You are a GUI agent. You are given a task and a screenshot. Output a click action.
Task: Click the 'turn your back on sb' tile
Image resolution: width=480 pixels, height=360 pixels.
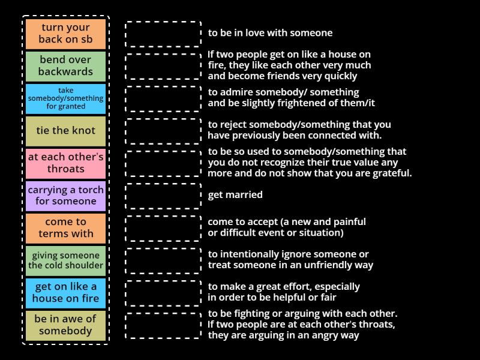66,34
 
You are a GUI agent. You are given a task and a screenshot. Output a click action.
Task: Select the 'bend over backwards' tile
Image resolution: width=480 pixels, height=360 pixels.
66,66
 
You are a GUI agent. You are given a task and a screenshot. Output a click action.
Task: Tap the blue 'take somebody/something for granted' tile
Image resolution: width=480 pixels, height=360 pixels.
66,98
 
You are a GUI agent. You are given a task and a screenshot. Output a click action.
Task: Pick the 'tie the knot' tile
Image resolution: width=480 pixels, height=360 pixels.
66,131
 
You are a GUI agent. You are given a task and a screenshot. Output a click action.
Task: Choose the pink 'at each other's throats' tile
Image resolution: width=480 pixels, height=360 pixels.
66,163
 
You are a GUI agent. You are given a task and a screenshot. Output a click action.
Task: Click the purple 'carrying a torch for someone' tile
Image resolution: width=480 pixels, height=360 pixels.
66,196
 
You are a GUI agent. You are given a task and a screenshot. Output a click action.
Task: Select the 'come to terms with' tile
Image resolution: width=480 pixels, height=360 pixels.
66,228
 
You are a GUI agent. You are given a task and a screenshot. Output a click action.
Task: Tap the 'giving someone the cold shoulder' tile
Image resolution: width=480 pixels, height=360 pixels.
66,260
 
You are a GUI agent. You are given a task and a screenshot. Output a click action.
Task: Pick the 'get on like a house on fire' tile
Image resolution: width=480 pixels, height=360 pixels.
66,293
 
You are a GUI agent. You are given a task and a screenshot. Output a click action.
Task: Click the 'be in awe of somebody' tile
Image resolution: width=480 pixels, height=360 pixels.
66,325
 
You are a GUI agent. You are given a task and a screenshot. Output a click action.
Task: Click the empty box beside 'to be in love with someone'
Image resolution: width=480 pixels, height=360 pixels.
163,34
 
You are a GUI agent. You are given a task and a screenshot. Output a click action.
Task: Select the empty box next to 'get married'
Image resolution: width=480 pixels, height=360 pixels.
163,196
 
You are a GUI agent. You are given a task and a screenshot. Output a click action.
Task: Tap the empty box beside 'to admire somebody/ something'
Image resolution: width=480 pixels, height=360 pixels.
163,98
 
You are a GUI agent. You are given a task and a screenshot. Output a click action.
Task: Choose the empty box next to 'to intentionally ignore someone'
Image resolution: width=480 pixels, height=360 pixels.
163,260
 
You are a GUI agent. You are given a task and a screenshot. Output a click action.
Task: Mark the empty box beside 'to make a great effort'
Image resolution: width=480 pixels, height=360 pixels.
163,293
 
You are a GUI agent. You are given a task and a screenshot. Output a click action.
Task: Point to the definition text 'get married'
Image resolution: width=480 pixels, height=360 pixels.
235,195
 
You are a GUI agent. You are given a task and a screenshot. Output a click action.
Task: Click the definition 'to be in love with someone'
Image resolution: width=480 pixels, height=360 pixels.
270,34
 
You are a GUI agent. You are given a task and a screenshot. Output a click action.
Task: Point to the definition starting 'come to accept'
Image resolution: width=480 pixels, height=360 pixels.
287,227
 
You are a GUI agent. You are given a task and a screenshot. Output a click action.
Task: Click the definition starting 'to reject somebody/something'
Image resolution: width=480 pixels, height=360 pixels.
299,130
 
